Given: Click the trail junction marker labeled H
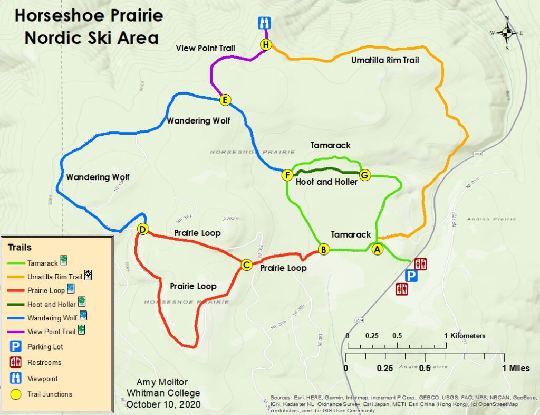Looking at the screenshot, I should [x=266, y=45].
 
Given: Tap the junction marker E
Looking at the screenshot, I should [x=225, y=100].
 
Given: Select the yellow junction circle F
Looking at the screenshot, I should [x=287, y=175].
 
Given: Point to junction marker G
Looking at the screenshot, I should [x=364, y=175].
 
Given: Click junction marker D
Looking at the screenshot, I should [x=142, y=229].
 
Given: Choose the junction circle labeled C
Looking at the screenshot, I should [x=246, y=265].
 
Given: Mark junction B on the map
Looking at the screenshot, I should [x=324, y=249].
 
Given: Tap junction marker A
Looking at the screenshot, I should [x=377, y=250].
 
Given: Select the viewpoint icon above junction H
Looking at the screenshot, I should [x=264, y=23].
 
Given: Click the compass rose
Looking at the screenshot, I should [x=507, y=33].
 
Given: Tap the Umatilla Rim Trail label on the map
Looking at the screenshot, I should [x=385, y=60].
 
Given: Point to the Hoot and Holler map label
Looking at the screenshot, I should [x=326, y=182].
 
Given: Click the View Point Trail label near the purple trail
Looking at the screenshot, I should [x=205, y=48].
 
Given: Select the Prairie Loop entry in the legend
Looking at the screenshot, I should [x=46, y=290].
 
